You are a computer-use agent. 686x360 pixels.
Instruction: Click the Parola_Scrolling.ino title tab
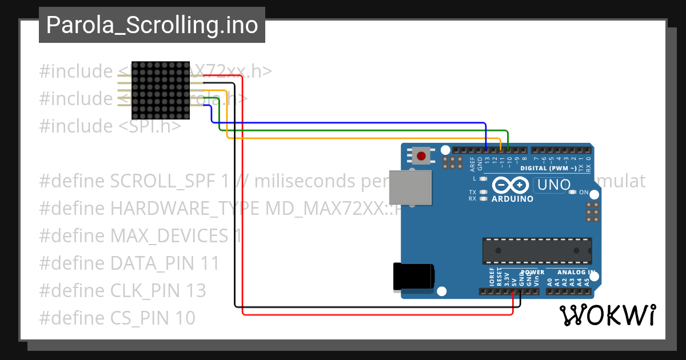151,25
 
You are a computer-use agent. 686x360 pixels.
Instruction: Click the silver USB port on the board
410,187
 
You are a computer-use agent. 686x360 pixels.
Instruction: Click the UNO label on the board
553,185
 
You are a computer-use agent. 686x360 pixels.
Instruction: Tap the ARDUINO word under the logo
512,199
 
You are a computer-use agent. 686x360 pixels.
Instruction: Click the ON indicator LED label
584,193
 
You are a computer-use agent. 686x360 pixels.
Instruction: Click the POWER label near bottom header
532,273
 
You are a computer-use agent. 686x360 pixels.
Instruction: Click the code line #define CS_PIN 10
117,318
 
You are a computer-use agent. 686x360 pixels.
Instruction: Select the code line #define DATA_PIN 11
129,263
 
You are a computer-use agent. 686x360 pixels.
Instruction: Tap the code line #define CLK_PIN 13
122,290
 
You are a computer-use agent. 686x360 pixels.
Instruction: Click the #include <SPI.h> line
110,126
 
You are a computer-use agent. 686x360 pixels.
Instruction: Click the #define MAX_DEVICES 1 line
141,236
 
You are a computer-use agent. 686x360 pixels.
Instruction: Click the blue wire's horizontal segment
349,122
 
